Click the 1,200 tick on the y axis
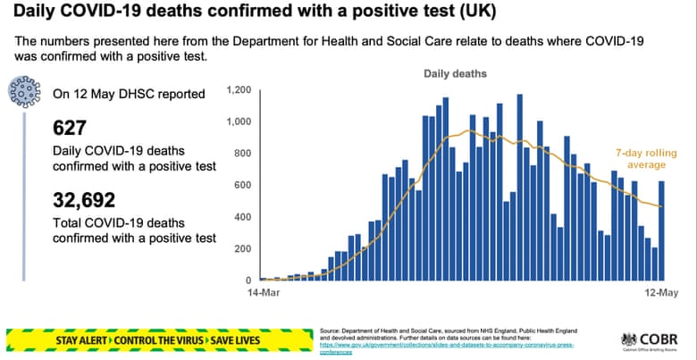tap(239, 90)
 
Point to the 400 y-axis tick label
tap(243, 217)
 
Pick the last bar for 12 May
tap(662, 230)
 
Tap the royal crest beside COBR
tap(629, 340)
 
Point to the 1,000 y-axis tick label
tap(239, 121)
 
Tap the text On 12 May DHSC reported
tap(129, 94)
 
